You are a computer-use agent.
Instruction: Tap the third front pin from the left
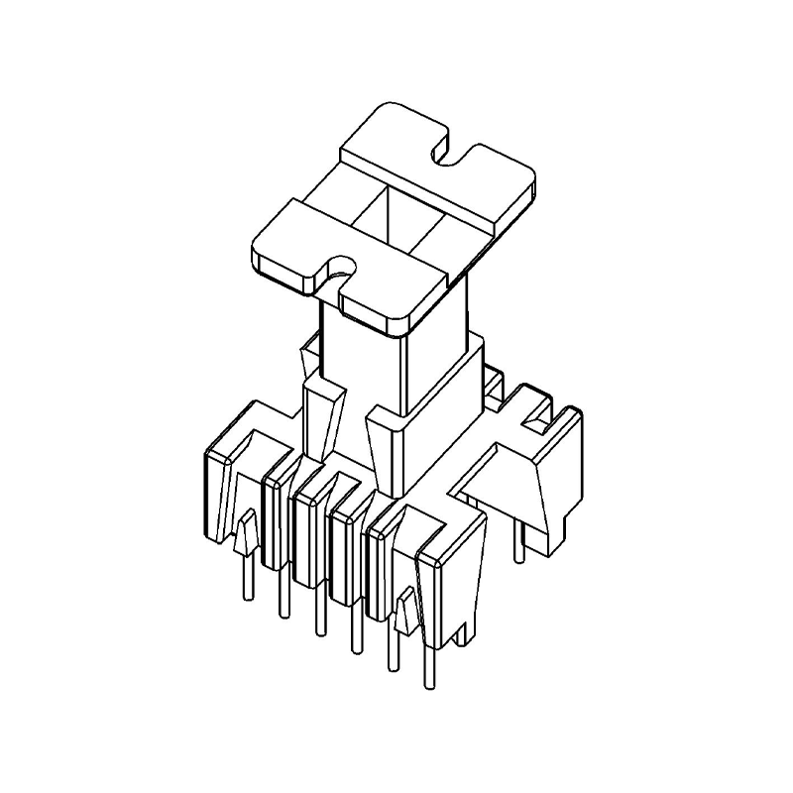click(318, 610)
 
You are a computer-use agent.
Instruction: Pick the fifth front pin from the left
click(394, 644)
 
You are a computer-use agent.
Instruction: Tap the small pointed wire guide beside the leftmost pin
click(243, 535)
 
